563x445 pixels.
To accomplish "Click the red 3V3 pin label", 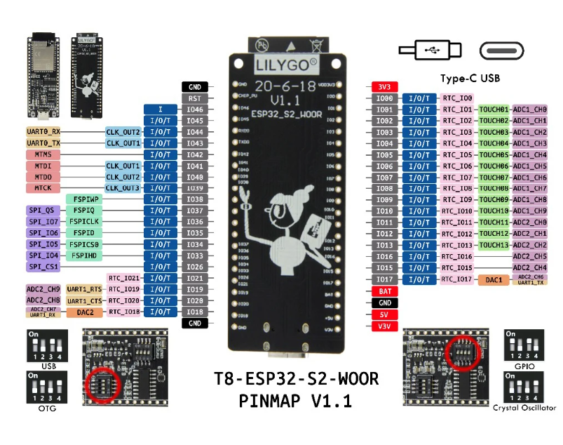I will (384, 87).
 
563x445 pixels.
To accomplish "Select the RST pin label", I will (195, 98).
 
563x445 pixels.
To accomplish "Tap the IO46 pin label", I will (195, 109).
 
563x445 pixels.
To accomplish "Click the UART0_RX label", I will (43, 132).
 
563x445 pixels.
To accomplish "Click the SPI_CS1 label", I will (43, 267).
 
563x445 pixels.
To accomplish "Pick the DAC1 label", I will (494, 279).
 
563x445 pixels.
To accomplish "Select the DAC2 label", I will (85, 312).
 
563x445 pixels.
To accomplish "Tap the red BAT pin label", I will (384, 291).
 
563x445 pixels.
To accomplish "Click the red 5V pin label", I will (384, 313).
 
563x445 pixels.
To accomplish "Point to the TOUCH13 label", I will (494, 245).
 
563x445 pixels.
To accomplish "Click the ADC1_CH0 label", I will (530, 109).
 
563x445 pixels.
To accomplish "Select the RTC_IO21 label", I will (124, 278).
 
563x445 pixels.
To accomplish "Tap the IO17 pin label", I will (384, 279).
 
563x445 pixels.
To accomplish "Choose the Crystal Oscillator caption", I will (524, 407).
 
